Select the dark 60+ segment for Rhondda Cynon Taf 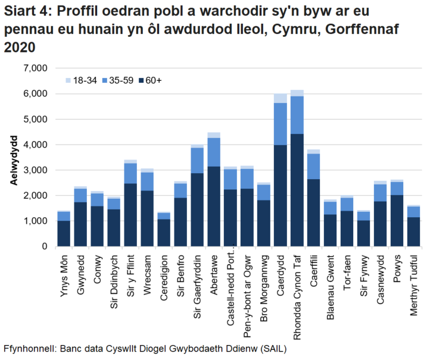[x=297, y=190]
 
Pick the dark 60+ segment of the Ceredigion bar [x=164, y=232]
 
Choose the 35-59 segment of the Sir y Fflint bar [x=130, y=173]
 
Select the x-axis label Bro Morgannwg [x=264, y=280]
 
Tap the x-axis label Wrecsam [x=148, y=271]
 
